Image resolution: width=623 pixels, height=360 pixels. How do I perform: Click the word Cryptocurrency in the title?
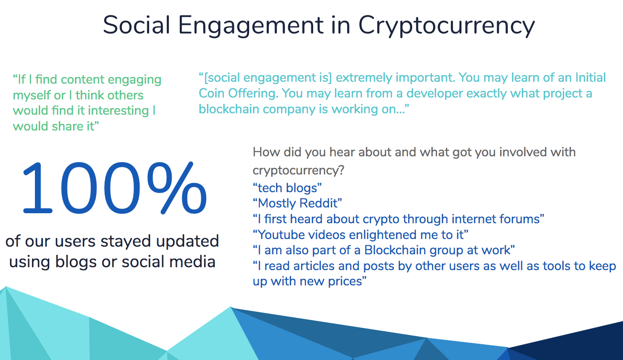pyautogui.click(x=447, y=26)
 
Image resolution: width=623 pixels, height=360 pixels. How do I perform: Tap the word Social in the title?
pyautogui.click(x=136, y=25)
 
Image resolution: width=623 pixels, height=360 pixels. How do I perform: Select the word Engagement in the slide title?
pyautogui.click(x=251, y=26)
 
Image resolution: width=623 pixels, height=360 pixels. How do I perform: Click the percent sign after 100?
pyautogui.click(x=177, y=188)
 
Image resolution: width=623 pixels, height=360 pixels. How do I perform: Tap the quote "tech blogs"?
pyautogui.click(x=287, y=188)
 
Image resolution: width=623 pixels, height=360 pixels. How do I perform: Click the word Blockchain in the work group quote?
pyautogui.click(x=395, y=250)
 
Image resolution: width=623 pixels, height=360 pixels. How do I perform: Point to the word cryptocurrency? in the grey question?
pyautogui.click(x=298, y=170)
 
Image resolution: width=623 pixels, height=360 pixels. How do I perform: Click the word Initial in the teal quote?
pyautogui.click(x=590, y=77)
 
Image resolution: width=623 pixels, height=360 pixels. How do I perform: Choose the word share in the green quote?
pyautogui.click(x=67, y=126)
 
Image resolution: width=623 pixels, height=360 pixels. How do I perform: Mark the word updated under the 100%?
pyautogui.click(x=187, y=241)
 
